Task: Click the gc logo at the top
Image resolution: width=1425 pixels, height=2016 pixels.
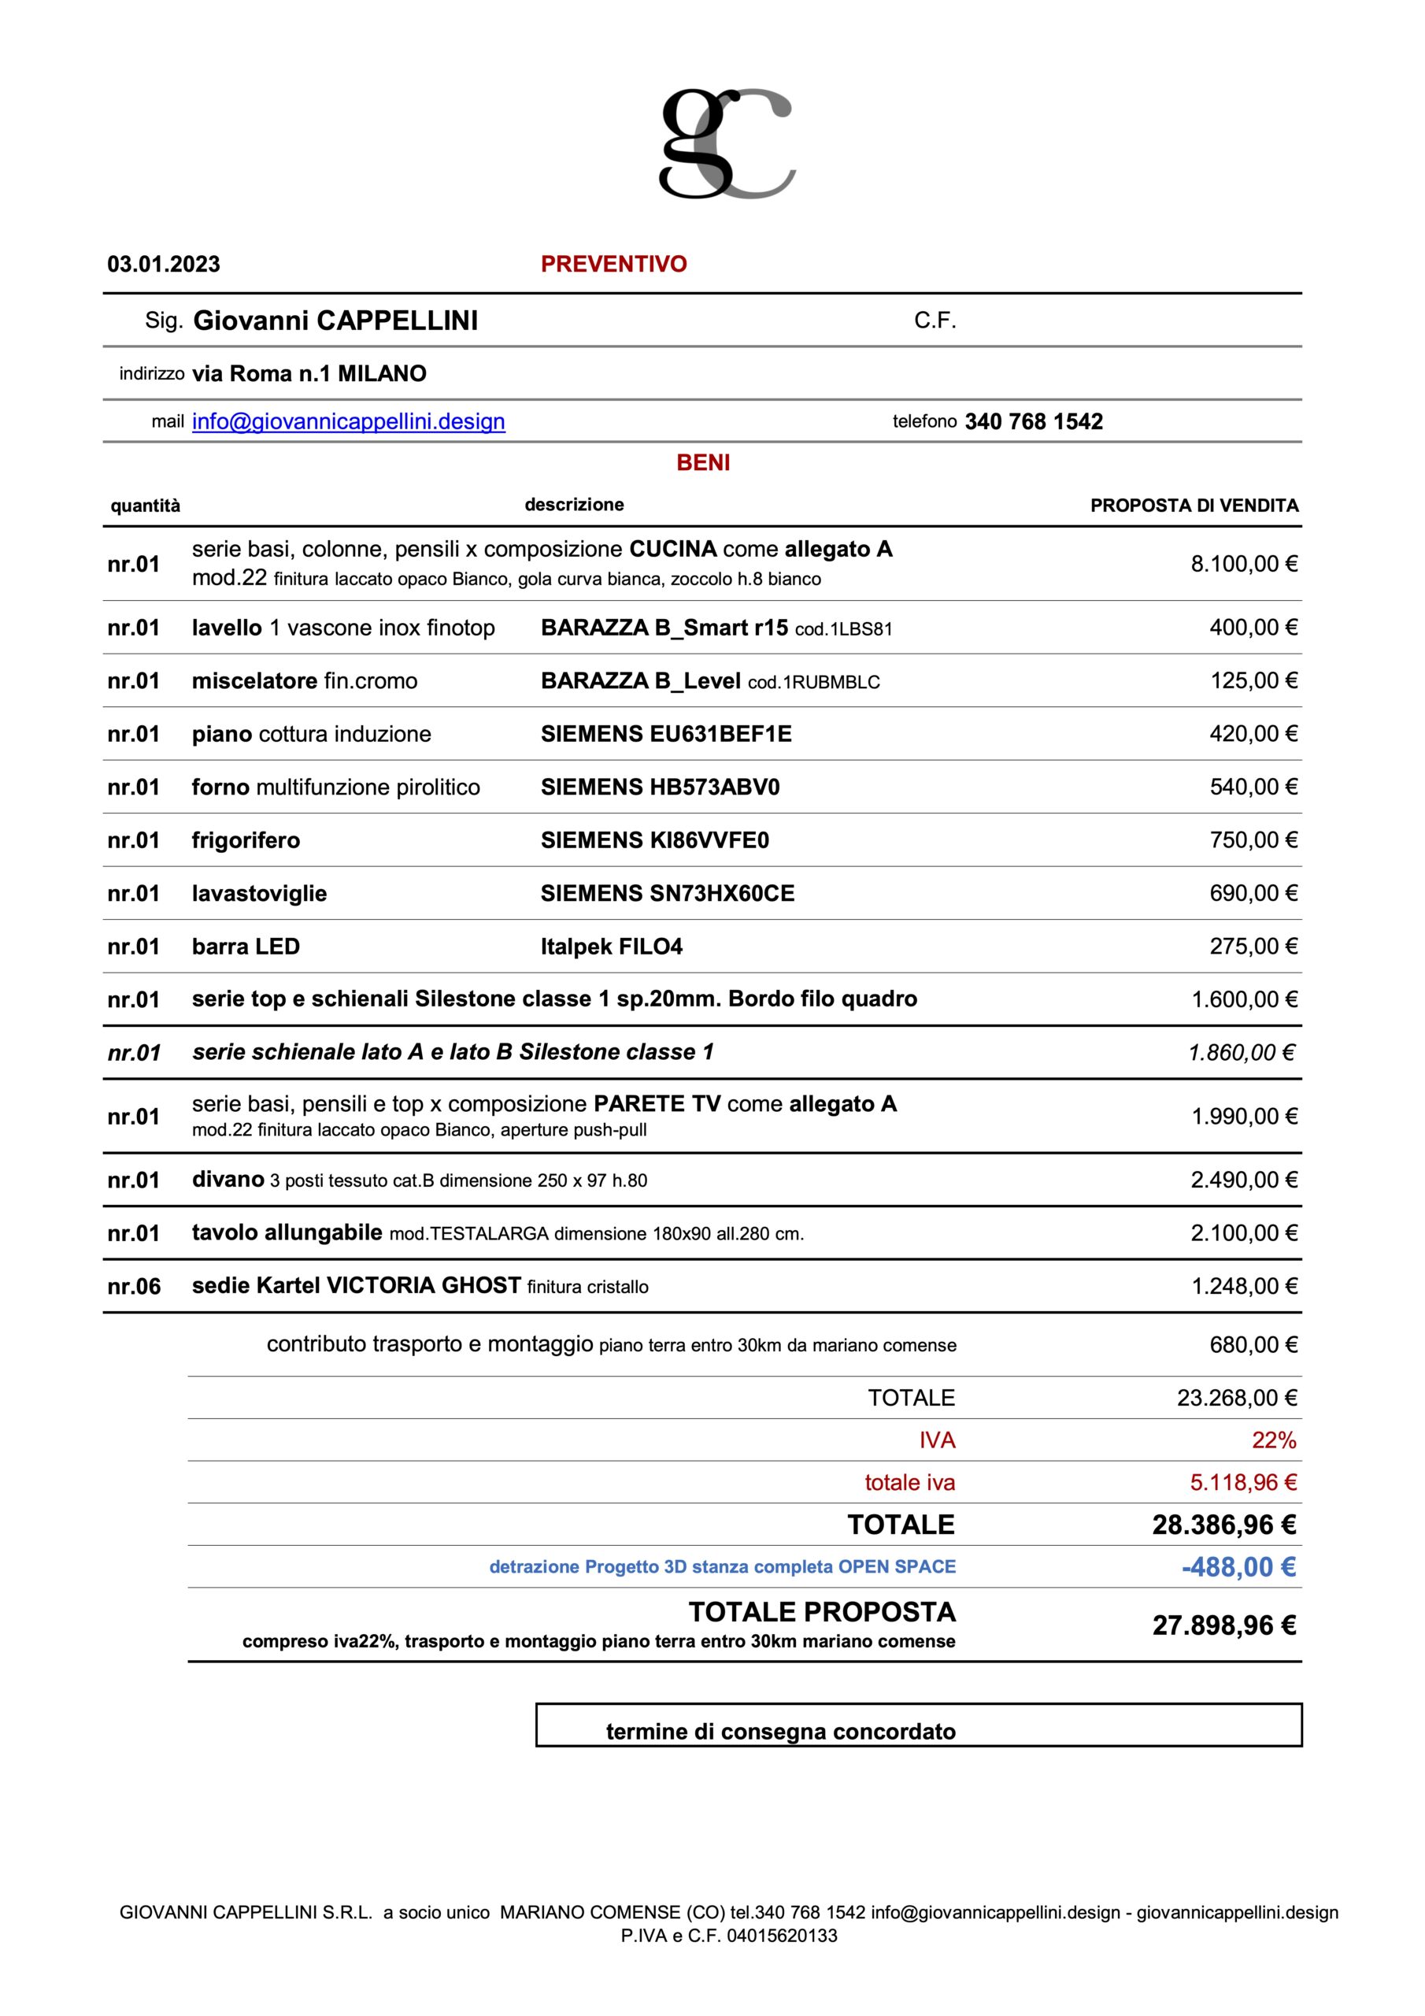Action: coord(727,143)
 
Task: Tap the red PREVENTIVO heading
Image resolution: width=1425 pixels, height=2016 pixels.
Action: coord(614,265)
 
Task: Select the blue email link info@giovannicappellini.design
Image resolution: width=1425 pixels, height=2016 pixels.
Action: coord(349,421)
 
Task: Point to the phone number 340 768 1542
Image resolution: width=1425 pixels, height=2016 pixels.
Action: coord(1034,421)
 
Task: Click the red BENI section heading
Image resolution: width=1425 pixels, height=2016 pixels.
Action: coord(703,463)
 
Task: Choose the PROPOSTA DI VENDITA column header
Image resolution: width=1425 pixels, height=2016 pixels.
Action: coord(1194,506)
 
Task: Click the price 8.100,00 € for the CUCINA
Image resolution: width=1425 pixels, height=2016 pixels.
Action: coord(1243,564)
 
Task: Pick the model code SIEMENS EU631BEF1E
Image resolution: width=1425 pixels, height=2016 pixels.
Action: coord(665,734)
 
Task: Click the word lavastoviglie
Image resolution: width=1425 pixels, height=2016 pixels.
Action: coord(259,894)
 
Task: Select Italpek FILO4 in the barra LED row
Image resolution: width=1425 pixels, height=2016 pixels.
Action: coord(611,947)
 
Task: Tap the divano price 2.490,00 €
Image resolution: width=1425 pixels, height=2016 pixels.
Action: coord(1243,1180)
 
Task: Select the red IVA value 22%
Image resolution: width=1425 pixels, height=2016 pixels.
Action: coord(1273,1440)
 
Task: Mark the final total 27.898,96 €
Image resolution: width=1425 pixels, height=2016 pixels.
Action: coord(1224,1626)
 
